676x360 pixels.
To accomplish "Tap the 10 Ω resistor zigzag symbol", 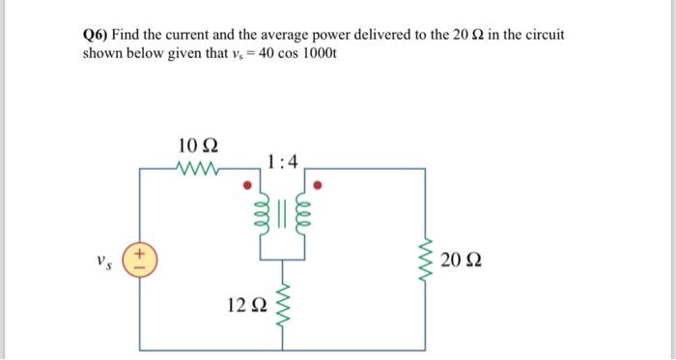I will tap(199, 169).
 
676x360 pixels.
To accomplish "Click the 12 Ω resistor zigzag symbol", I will tap(282, 305).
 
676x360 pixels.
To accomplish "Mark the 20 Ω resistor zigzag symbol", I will tap(425, 260).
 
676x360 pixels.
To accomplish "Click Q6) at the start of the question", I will tap(96, 34).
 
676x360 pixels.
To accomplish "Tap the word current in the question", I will tap(193, 34).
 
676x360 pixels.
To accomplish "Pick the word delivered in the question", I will tap(409, 34).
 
